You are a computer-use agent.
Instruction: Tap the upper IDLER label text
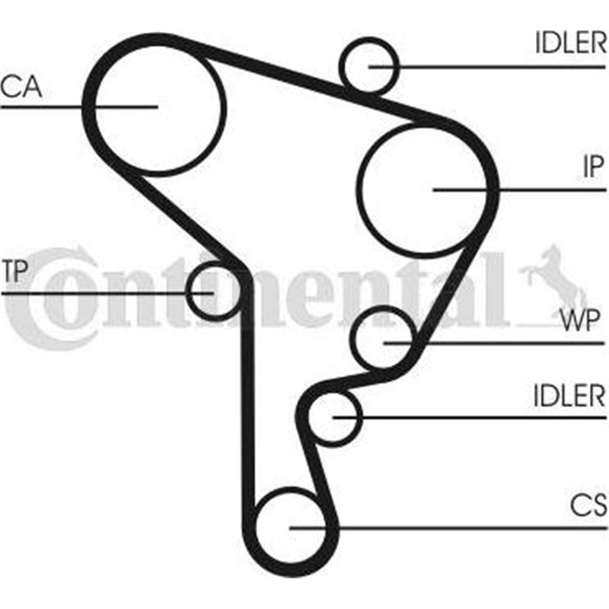tap(569, 44)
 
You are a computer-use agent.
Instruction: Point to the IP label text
tap(592, 167)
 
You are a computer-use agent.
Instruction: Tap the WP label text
tap(582, 320)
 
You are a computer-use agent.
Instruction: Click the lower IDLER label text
tap(569, 396)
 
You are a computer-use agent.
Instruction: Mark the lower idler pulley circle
tap(333, 417)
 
